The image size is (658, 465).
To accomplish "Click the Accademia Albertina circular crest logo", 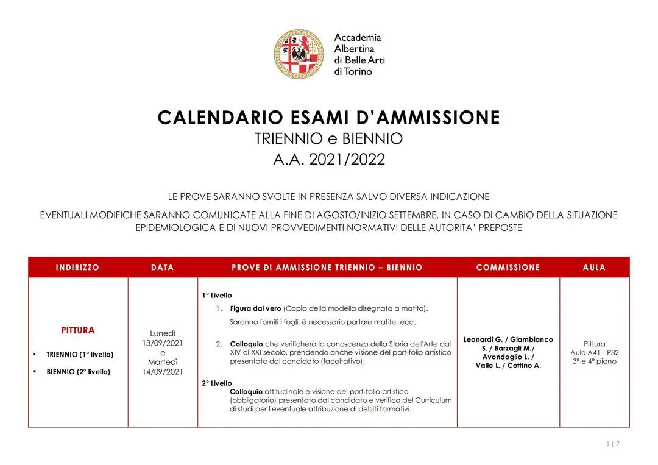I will pos(298,54).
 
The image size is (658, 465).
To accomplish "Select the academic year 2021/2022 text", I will pos(347,160).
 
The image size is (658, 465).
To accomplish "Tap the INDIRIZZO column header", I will pos(77,268).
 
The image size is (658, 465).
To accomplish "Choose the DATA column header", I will pos(162,268).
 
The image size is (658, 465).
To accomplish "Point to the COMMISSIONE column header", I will pos(508,268).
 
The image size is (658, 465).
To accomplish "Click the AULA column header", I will pos(594,268).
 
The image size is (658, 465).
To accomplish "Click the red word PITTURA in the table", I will pos(78,330).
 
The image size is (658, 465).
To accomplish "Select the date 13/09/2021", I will pos(163,343).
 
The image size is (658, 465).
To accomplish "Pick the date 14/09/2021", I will pos(163,371).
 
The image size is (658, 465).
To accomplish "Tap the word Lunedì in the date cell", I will pos(163,333).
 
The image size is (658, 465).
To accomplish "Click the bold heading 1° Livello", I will pos(217,296).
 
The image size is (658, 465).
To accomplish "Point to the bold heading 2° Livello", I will pos(217,383).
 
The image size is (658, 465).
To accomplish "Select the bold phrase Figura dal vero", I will pos(255,308).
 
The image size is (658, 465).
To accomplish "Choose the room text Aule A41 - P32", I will pos(594,352).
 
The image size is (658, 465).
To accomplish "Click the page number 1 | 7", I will pos(613,444).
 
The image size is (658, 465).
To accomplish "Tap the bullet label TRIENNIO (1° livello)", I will pos(80,354).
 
